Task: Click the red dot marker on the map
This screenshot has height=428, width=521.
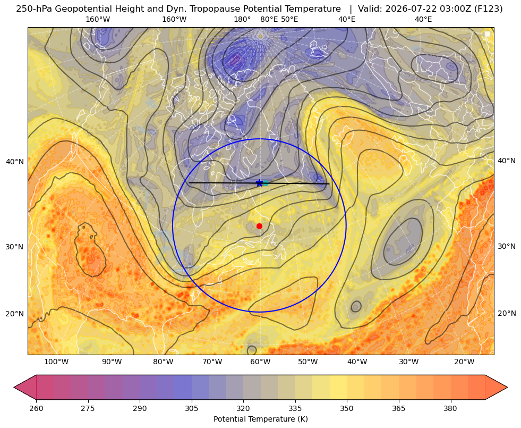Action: pos(260,226)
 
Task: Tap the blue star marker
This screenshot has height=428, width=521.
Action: pos(260,183)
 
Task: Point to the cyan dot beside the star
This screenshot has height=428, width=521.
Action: pos(266,183)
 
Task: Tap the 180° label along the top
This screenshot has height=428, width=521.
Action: pos(242,19)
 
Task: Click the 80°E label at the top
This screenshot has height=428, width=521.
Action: pos(269,19)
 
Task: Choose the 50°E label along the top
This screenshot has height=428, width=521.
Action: pos(289,19)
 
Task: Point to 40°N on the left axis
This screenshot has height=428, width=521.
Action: pos(15,162)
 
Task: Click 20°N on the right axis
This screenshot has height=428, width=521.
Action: pos(507,313)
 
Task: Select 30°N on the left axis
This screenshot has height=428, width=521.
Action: pos(15,247)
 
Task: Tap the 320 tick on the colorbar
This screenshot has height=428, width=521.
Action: pos(243,408)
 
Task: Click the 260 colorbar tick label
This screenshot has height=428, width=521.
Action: pos(36,408)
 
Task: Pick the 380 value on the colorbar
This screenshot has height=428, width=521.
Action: pos(450,408)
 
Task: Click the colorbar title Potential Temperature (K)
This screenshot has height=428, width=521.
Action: pos(260,419)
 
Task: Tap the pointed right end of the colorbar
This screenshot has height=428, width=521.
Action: pos(507,387)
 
